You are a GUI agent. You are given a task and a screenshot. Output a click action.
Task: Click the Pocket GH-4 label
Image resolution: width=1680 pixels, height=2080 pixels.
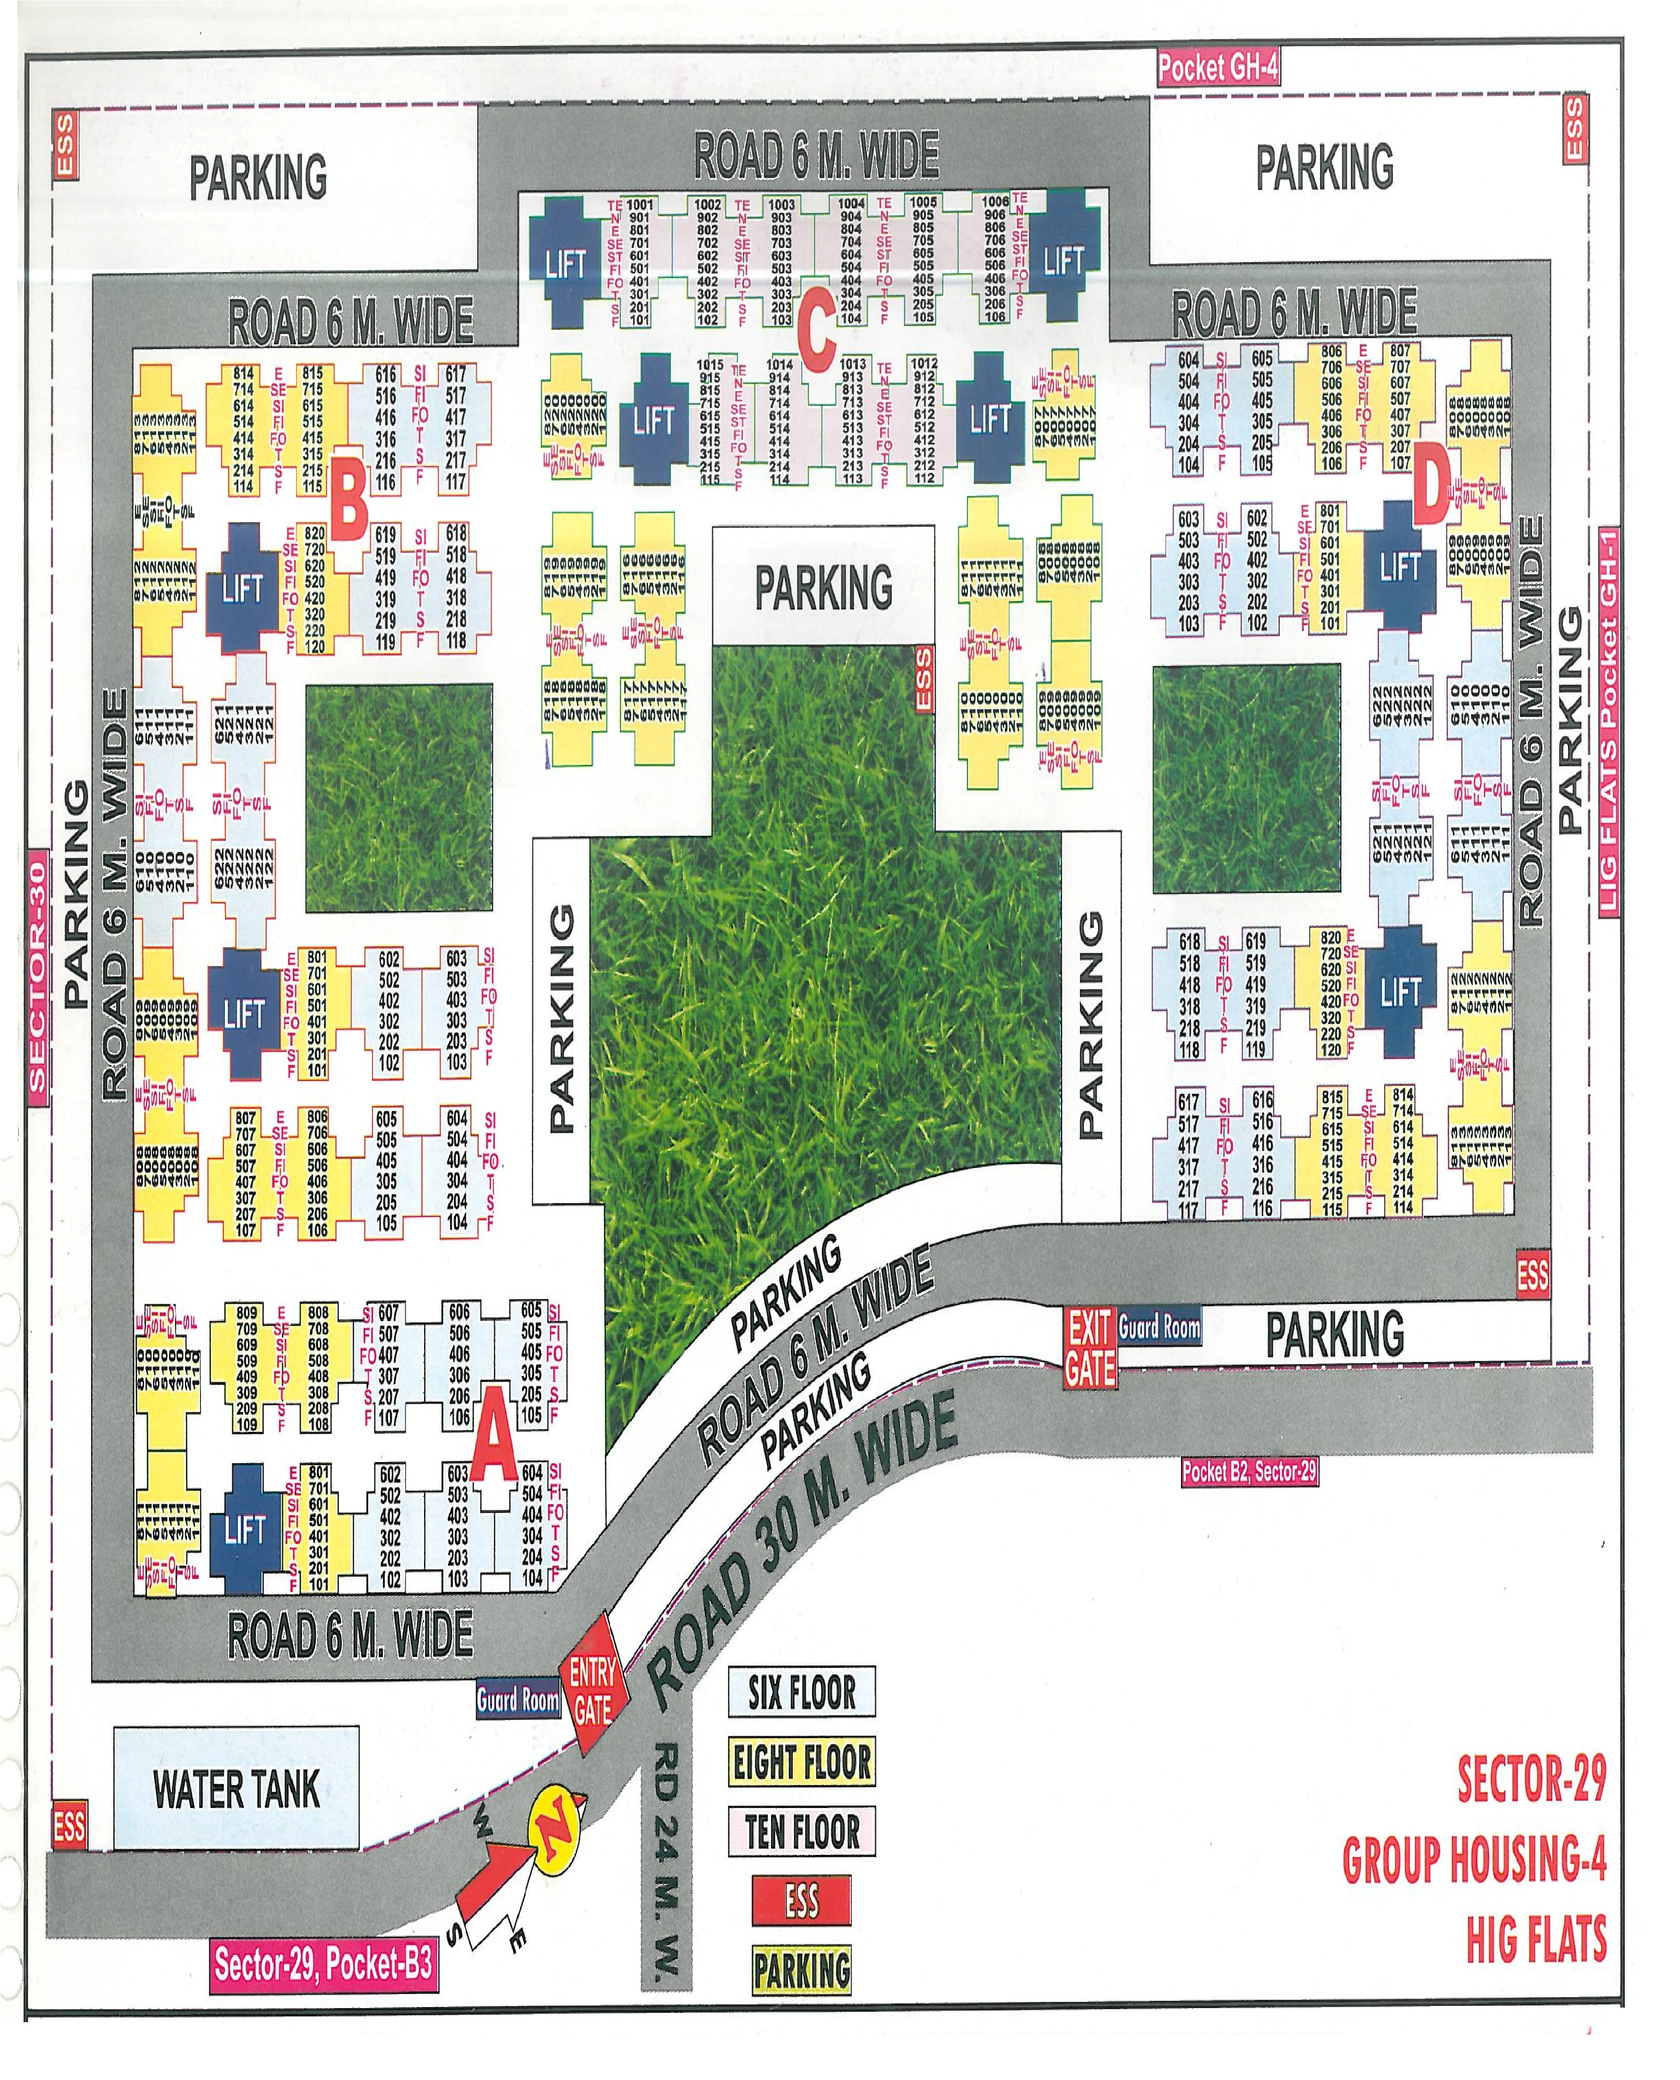click(x=1218, y=69)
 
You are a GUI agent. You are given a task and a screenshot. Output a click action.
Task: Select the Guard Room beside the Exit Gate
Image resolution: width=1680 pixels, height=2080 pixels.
click(x=1160, y=1327)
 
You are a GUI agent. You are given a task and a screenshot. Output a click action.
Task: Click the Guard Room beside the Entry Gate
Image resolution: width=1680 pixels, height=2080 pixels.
click(x=518, y=1700)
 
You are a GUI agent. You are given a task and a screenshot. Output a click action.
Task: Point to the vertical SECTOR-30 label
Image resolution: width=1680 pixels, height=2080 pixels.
click(x=38, y=975)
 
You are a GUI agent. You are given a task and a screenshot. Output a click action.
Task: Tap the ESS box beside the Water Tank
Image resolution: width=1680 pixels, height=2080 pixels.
click(x=69, y=1827)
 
